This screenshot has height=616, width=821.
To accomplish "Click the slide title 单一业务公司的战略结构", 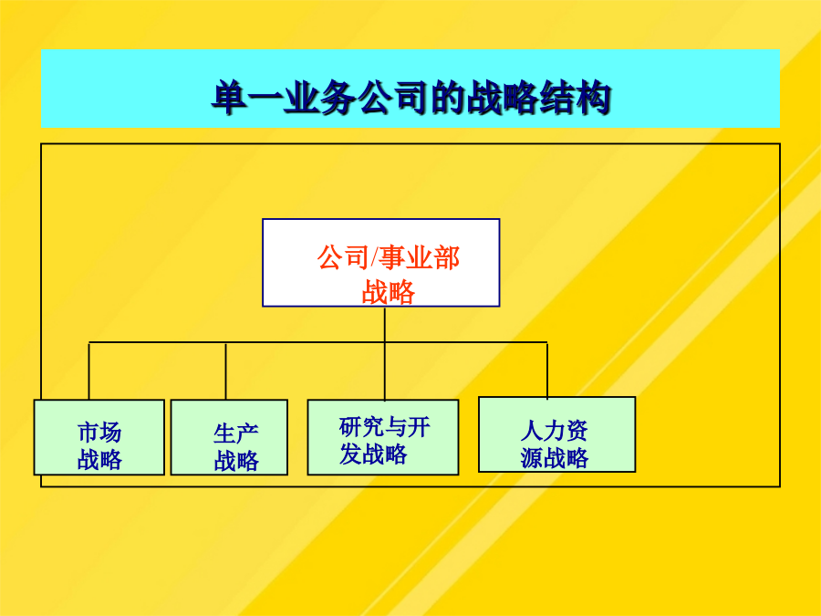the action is pyautogui.click(x=411, y=98).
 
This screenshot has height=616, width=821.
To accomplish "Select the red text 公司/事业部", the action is pyautogui.click(x=388, y=258).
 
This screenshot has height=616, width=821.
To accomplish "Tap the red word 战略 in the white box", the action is pyautogui.click(x=388, y=292).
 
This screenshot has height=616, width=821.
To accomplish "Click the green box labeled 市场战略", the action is pyautogui.click(x=99, y=437).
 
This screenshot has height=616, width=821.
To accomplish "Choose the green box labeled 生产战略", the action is pyautogui.click(x=229, y=437).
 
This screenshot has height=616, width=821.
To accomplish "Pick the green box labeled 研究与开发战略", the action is pyautogui.click(x=383, y=437).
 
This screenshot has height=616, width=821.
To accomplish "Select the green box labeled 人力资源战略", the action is pyautogui.click(x=557, y=434).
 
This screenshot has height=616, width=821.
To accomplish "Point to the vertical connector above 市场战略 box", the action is pyautogui.click(x=89, y=371).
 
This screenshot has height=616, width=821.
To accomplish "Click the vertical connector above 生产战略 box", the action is pyautogui.click(x=225, y=371).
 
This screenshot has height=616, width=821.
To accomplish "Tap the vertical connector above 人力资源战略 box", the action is pyautogui.click(x=547, y=370).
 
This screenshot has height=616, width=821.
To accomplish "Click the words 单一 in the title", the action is pyautogui.click(x=247, y=98).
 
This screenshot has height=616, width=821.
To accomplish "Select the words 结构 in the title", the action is pyautogui.click(x=575, y=98).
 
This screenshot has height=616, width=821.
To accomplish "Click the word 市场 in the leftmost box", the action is pyautogui.click(x=99, y=433).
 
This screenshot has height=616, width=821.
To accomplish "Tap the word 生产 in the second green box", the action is pyautogui.click(x=236, y=433).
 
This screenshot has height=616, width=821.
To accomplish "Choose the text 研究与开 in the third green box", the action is pyautogui.click(x=384, y=427).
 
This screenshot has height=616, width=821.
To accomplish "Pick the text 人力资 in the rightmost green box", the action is pyautogui.click(x=554, y=431).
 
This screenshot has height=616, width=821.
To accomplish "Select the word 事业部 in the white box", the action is pyautogui.click(x=420, y=258).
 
